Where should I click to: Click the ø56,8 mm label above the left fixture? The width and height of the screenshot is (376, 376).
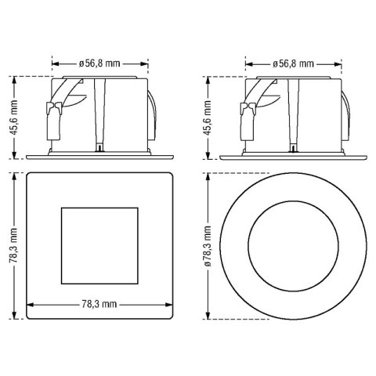(99, 63)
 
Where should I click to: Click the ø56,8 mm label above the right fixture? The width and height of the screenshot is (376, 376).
(293, 63)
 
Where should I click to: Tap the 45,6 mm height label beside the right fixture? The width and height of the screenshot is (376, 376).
(208, 117)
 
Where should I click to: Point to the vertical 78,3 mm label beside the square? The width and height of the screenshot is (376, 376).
(13, 245)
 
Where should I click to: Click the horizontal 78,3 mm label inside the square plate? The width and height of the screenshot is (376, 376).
(99, 304)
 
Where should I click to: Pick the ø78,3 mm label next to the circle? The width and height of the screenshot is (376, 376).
(208, 246)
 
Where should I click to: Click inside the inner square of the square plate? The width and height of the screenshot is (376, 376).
(99, 246)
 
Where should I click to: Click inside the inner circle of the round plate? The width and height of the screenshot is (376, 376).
(293, 246)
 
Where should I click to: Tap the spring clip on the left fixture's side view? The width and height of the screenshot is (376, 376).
(54, 120)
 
